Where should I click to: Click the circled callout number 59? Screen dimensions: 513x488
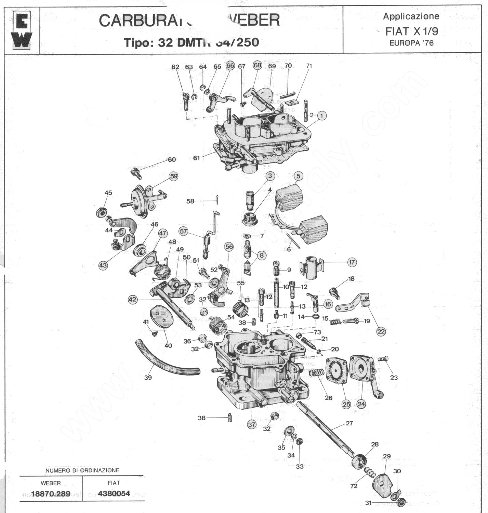pyautogui.click(x=174, y=176)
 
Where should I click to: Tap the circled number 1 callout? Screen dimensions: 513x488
pyautogui.click(x=322, y=116)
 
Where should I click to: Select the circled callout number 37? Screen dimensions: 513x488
pyautogui.click(x=252, y=425)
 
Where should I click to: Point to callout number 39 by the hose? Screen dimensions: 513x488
pyautogui.click(x=148, y=378)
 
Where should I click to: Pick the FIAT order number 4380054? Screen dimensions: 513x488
pyautogui.click(x=114, y=494)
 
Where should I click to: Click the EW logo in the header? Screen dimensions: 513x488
pyautogui.click(x=23, y=30)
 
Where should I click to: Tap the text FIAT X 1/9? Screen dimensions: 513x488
pyautogui.click(x=411, y=31)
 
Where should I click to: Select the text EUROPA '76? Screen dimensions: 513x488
pyautogui.click(x=411, y=43)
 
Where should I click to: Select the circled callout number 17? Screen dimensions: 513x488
pyautogui.click(x=352, y=262)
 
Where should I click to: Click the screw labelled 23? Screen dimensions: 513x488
pyautogui.click(x=383, y=359)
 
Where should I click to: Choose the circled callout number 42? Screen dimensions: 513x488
pyautogui.click(x=132, y=300)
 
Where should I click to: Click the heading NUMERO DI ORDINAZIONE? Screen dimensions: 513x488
pyautogui.click(x=82, y=470)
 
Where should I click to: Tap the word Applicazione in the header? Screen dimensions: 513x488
pyautogui.click(x=411, y=16)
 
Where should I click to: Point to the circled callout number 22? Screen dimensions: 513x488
pyautogui.click(x=381, y=331)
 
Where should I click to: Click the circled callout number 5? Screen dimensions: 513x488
pyautogui.click(x=298, y=176)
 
